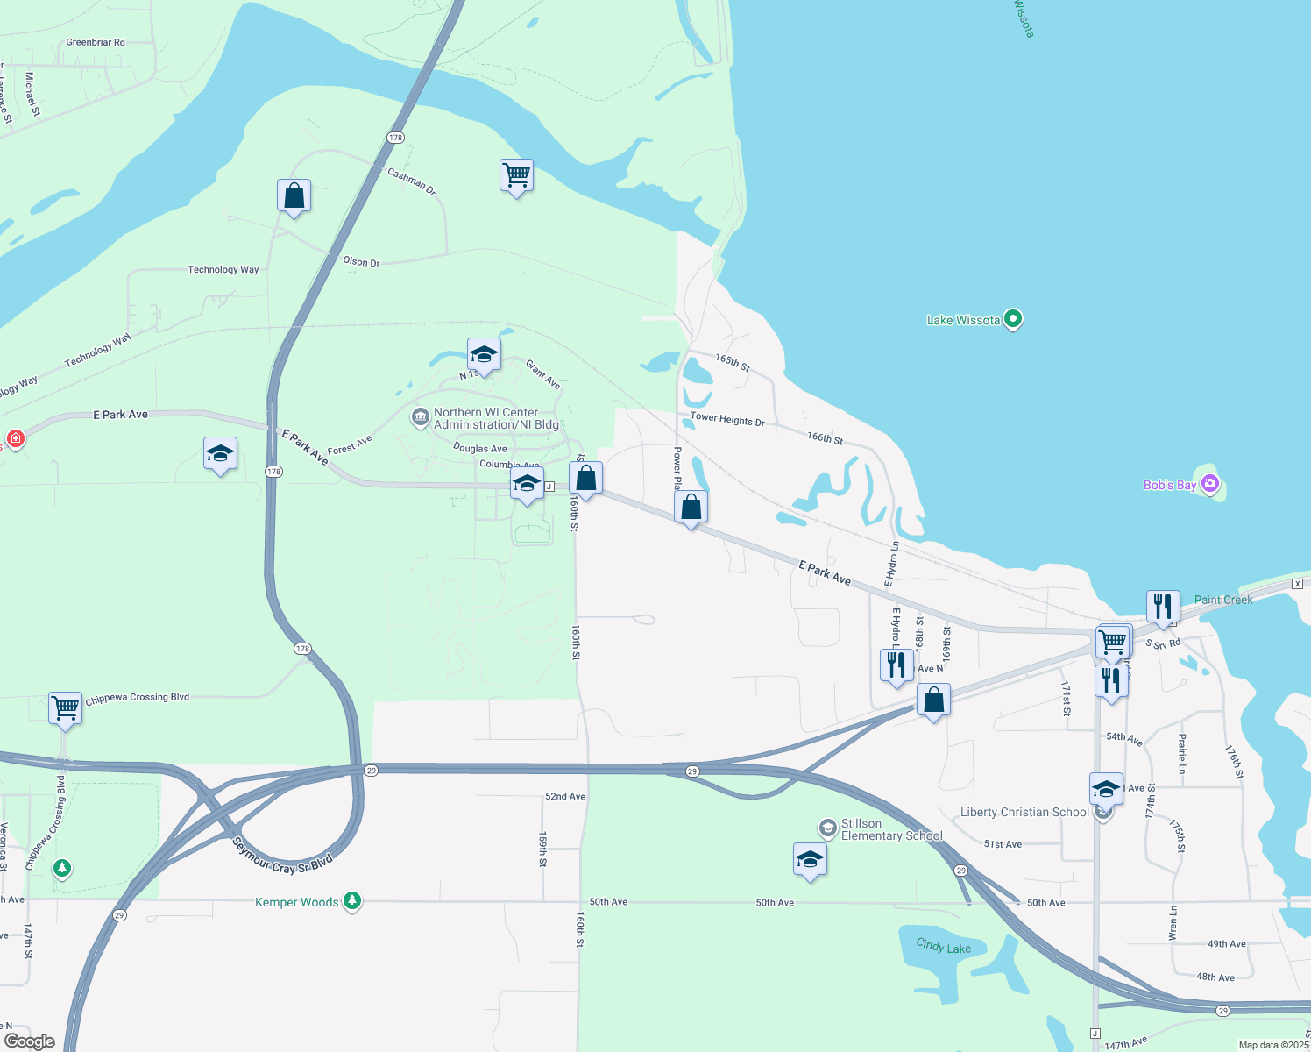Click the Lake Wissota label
coord(963,320)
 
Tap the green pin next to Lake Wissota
coord(1013,319)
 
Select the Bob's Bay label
coord(1169,485)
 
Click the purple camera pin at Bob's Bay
coord(1210,483)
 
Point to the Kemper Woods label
coord(296,902)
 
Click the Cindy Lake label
coord(943,946)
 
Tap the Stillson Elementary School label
coord(891,829)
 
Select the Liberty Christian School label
coord(1024,812)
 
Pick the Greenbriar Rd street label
coord(96,42)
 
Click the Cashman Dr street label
coord(412,181)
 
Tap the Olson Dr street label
coord(361,261)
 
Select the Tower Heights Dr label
coord(727,419)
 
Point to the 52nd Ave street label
coord(565,797)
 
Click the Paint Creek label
coord(1223,600)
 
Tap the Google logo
coord(30,1041)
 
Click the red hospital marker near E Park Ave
coord(15,437)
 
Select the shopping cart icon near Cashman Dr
coord(516,175)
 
